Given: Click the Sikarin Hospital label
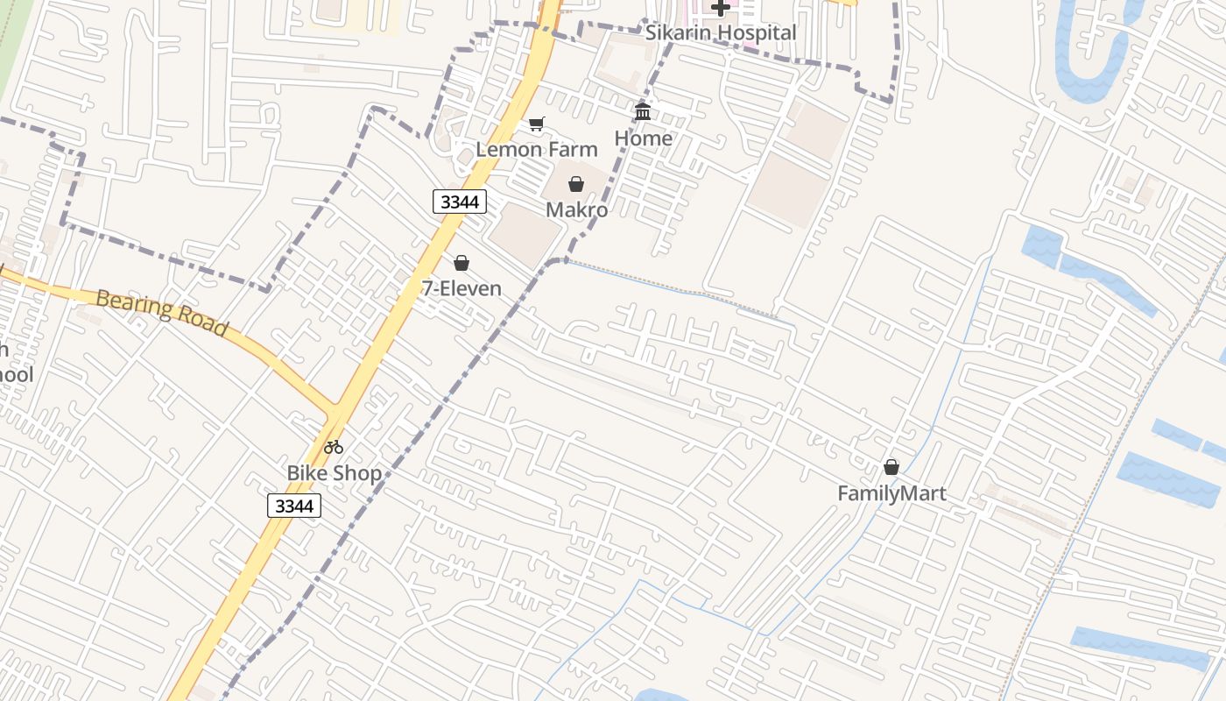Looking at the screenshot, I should pyautogui.click(x=721, y=33).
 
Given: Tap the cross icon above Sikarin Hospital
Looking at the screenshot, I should pyautogui.click(x=721, y=8).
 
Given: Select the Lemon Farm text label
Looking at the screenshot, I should pyautogui.click(x=537, y=149).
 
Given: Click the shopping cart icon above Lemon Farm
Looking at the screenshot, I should pyautogui.click(x=537, y=124).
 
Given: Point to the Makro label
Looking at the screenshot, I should pyautogui.click(x=576, y=209).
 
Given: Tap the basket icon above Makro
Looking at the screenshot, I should pyautogui.click(x=576, y=184).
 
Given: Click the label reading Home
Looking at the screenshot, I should pyautogui.click(x=644, y=138).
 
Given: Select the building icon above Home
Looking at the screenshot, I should pyautogui.click(x=644, y=111).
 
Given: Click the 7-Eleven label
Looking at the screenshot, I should pyautogui.click(x=462, y=288).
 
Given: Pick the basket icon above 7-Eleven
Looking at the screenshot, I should pyautogui.click(x=462, y=263).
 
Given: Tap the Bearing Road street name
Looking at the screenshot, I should pyautogui.click(x=162, y=313).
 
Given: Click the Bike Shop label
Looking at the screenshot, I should pyautogui.click(x=335, y=473).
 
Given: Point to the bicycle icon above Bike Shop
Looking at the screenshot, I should pyautogui.click(x=334, y=447).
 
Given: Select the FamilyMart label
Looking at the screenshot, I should pyautogui.click(x=891, y=493).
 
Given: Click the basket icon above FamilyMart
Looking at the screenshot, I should pyautogui.click(x=891, y=467).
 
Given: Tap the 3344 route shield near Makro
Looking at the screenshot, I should pyautogui.click(x=460, y=202).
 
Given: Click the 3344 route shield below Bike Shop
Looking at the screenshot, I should pyautogui.click(x=294, y=506).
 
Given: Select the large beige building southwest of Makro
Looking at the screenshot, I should pyautogui.click(x=524, y=234).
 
